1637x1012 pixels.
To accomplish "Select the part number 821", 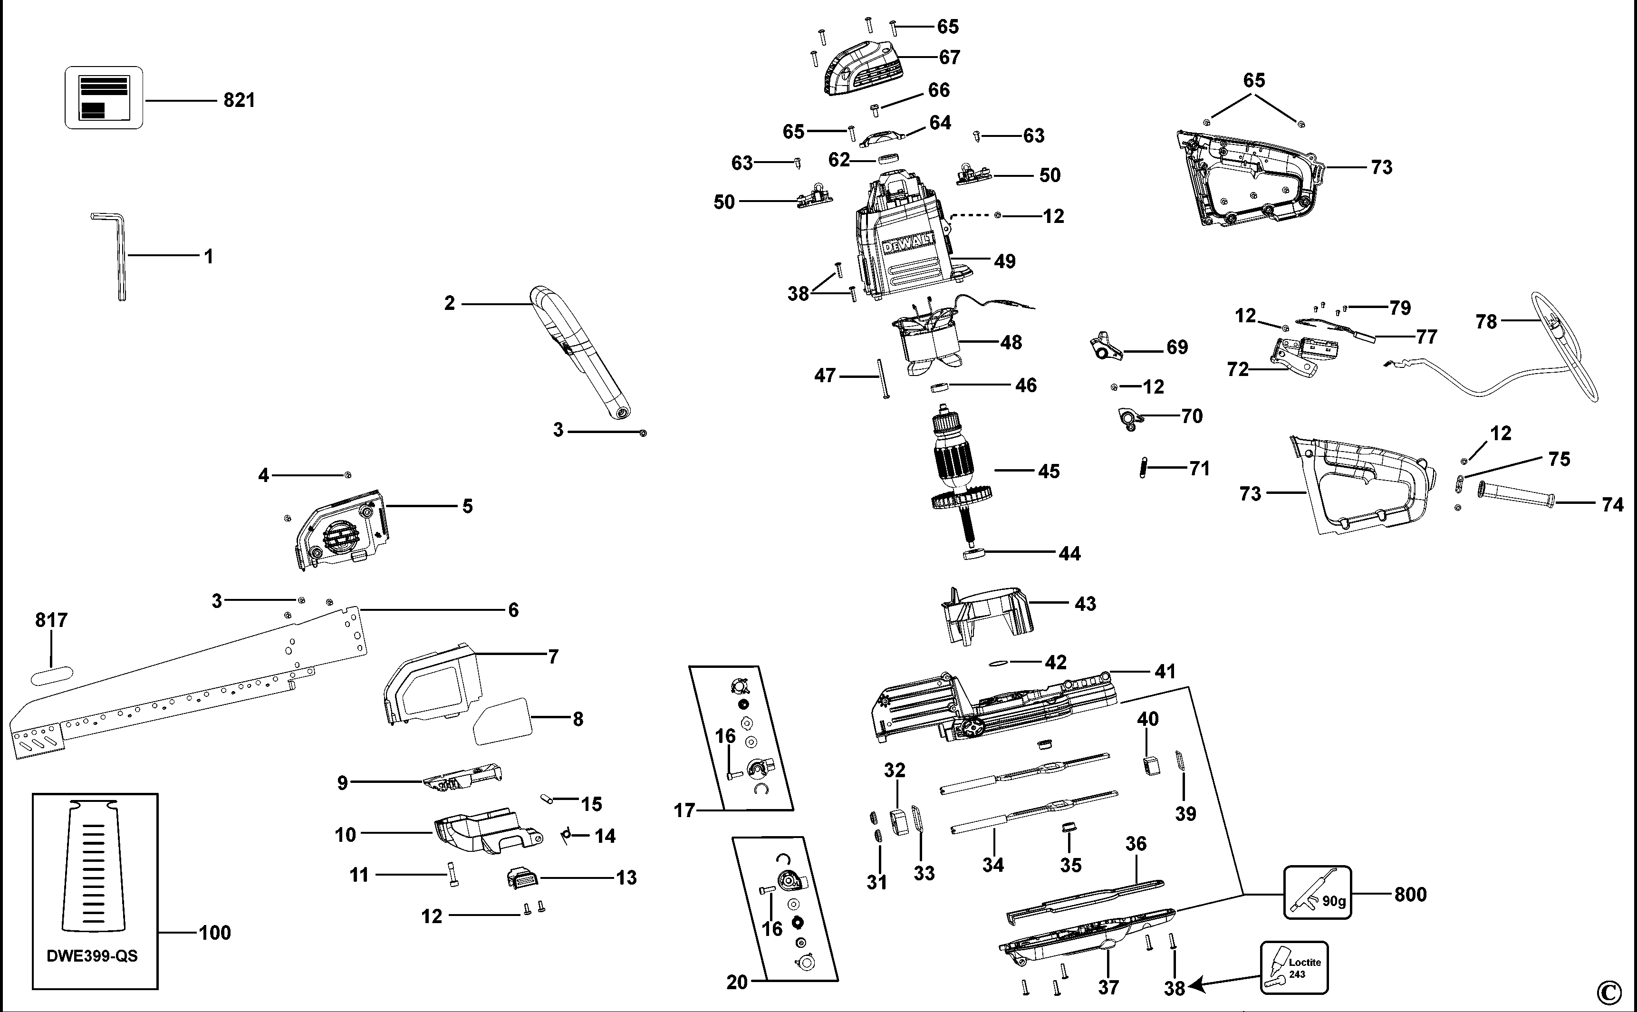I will [239, 100].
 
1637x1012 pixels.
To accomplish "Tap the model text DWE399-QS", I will [92, 956].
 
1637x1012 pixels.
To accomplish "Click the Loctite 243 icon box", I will [1294, 968].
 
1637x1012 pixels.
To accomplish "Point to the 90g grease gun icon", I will [1317, 892].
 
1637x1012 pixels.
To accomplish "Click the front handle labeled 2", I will [582, 355].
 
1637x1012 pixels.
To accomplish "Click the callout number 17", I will [684, 810].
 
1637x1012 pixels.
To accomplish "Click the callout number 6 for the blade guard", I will [513, 610].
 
